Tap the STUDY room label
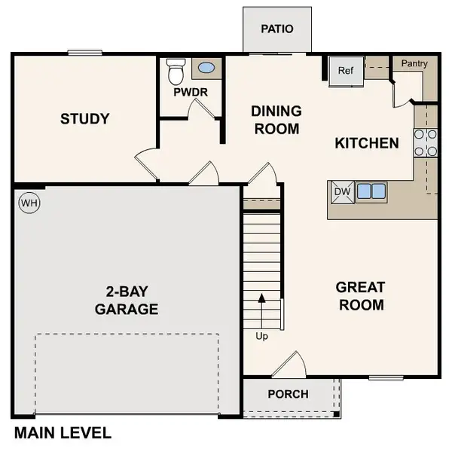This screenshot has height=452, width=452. click(x=85, y=119)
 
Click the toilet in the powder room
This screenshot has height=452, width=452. click(x=176, y=72)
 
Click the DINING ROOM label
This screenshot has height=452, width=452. click(x=276, y=120)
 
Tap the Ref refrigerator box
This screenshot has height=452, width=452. click(x=345, y=71)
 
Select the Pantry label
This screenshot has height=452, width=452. click(x=414, y=64)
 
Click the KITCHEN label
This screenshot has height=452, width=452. click(x=367, y=142)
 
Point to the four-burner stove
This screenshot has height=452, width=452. click(x=425, y=142)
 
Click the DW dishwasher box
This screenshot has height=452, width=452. click(x=342, y=191)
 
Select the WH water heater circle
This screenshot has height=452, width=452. click(x=29, y=203)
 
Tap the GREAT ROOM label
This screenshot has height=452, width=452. click(x=360, y=295)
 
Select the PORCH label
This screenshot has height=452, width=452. click(x=288, y=394)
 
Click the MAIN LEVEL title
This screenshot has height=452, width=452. click(x=63, y=433)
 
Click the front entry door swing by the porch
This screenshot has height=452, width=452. click(x=289, y=364)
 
